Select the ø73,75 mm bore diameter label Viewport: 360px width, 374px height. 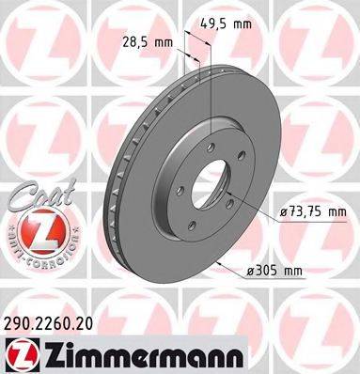click(312, 213)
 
